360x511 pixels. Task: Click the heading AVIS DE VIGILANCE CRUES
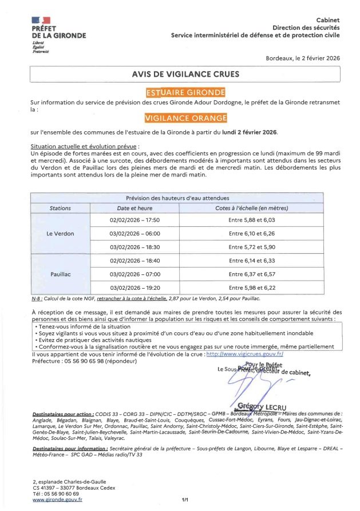click(x=185, y=74)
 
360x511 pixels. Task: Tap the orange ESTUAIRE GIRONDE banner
click(x=185, y=92)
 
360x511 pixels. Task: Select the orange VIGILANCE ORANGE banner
click(x=185, y=118)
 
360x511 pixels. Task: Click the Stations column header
click(x=60, y=208)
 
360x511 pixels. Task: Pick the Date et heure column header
click(x=134, y=208)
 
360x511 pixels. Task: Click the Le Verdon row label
click(x=60, y=234)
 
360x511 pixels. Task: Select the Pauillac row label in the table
click(x=60, y=274)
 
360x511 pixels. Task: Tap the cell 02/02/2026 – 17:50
click(x=134, y=220)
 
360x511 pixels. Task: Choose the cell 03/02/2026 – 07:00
click(x=134, y=274)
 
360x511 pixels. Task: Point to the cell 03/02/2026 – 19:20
click(x=134, y=288)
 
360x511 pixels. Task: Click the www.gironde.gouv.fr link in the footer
click(x=57, y=500)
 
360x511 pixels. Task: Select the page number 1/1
click(x=185, y=500)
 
